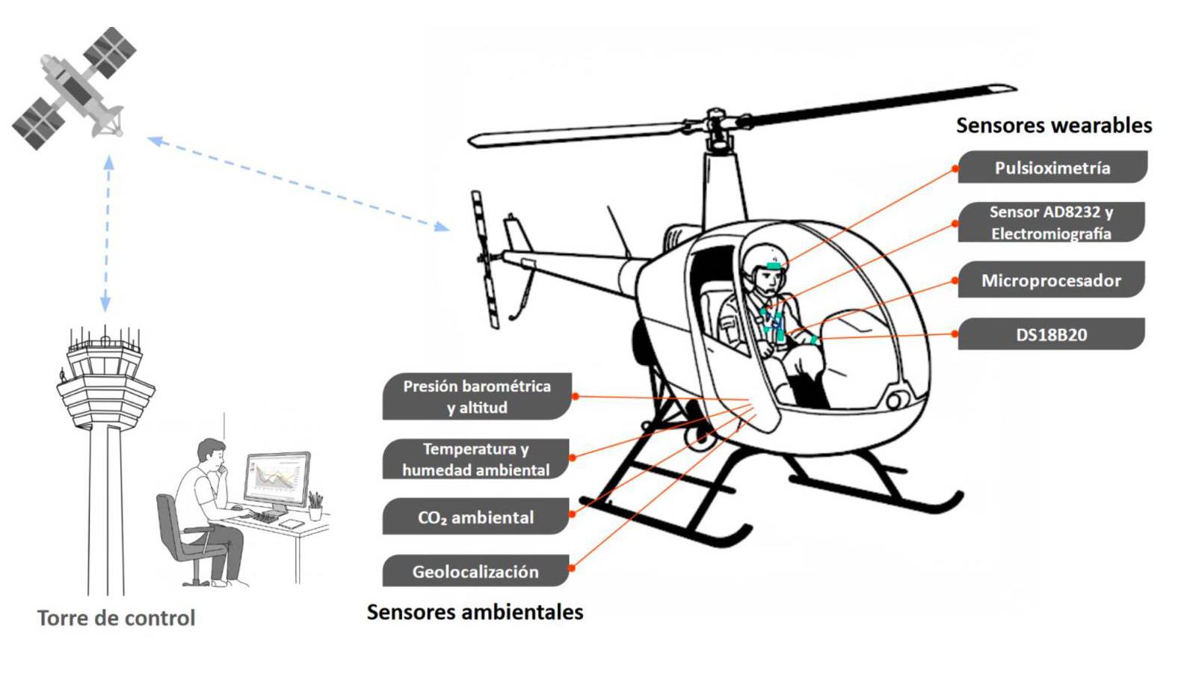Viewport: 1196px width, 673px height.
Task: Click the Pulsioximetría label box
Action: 1052,168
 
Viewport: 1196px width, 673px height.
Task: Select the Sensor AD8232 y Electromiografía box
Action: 1051,222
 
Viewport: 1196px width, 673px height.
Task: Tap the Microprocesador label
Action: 1051,280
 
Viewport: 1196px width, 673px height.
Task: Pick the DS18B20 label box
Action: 1051,334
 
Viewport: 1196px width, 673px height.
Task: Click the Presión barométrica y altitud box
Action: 477,396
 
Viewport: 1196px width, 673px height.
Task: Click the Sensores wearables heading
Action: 1054,125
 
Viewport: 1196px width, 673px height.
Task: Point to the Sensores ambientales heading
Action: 475,612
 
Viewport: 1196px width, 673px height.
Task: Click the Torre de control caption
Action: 116,618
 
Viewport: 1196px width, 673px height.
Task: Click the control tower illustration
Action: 105,449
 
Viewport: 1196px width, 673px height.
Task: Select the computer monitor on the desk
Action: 277,479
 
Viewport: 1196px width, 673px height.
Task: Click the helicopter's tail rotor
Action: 484,259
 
